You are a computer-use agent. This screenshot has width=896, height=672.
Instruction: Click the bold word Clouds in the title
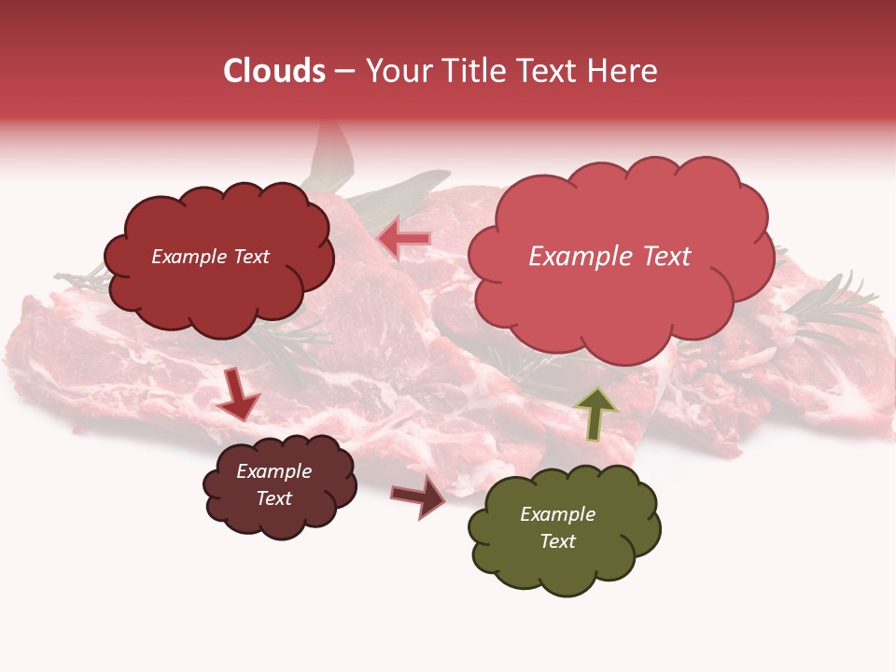(273, 71)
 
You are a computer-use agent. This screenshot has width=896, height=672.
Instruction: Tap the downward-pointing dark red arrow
(237, 395)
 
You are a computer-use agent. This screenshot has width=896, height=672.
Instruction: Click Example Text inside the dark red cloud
(210, 257)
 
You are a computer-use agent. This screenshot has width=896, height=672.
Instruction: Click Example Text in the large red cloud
(609, 257)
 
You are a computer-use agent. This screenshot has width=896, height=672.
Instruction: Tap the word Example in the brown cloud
(273, 471)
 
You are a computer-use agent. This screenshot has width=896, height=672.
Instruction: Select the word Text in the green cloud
(557, 541)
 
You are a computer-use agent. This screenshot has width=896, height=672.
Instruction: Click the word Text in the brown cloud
(273, 498)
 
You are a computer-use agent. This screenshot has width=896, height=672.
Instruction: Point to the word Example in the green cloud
(557, 514)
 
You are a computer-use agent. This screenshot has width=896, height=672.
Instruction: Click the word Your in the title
(394, 71)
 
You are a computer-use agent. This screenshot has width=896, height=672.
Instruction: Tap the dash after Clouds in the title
(343, 72)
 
